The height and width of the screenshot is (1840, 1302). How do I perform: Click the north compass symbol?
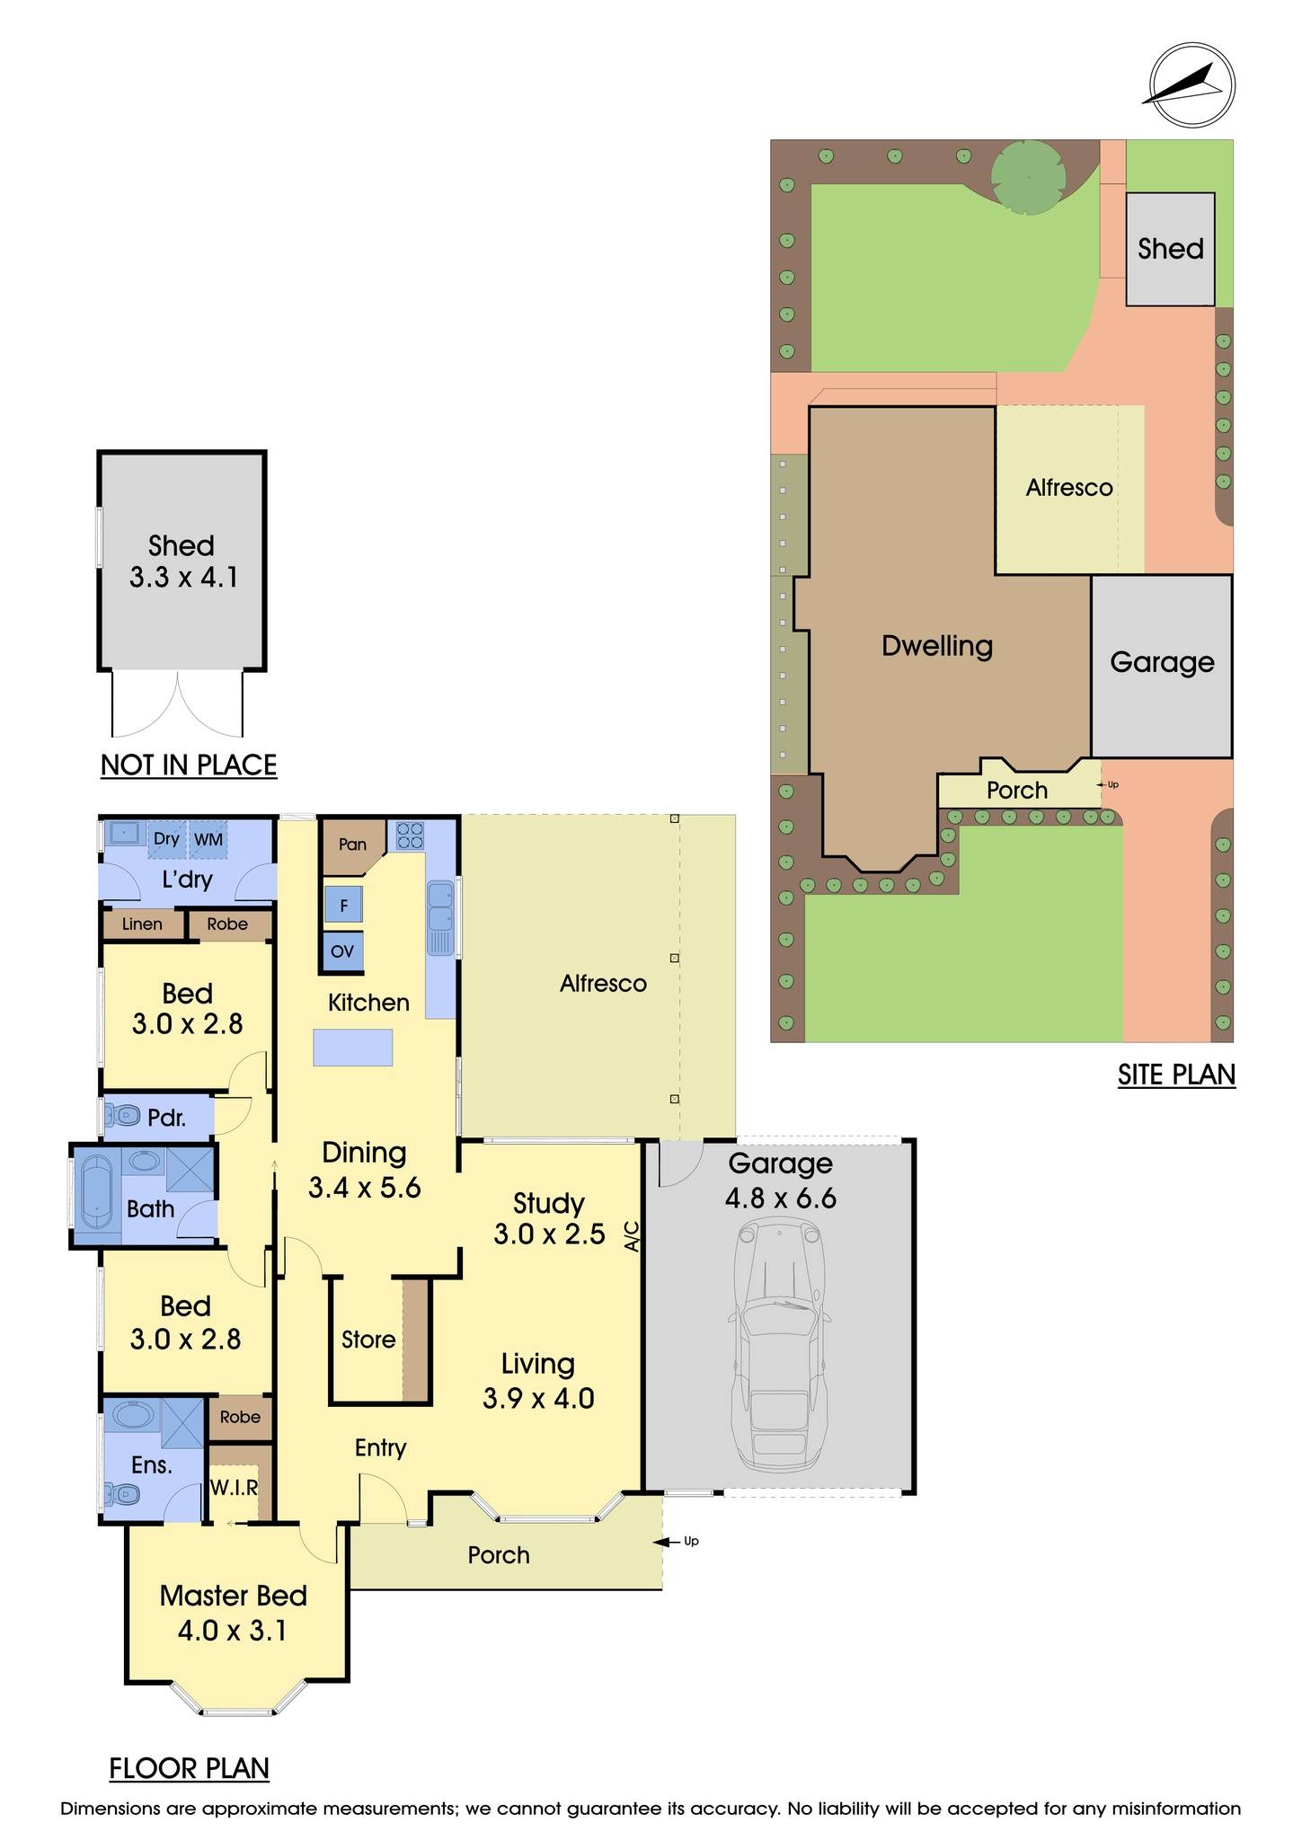pos(1192,86)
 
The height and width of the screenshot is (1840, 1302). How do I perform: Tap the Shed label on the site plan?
pos(1170,249)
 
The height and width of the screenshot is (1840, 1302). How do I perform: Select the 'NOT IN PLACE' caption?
pos(189,765)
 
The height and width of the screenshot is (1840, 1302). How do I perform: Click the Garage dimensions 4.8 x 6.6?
pos(780,1198)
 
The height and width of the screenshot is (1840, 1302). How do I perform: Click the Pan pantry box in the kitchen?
pos(352,845)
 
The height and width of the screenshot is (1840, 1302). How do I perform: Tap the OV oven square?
pos(342,951)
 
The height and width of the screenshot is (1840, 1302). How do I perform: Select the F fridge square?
pos(343,906)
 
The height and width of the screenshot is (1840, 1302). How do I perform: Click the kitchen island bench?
pos(353,1048)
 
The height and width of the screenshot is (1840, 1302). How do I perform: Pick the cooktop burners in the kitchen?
pos(411,836)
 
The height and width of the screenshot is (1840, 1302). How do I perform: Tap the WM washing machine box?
pos(208,840)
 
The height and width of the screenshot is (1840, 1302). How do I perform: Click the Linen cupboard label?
pos(142,924)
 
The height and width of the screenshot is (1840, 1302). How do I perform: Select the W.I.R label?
pos(234,1488)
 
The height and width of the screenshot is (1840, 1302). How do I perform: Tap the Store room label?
pos(368,1340)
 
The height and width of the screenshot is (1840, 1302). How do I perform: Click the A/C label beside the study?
pos(632,1236)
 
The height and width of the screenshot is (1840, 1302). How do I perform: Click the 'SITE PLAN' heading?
pos(1176,1075)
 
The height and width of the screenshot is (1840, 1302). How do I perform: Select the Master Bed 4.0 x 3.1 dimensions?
pos(232,1630)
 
